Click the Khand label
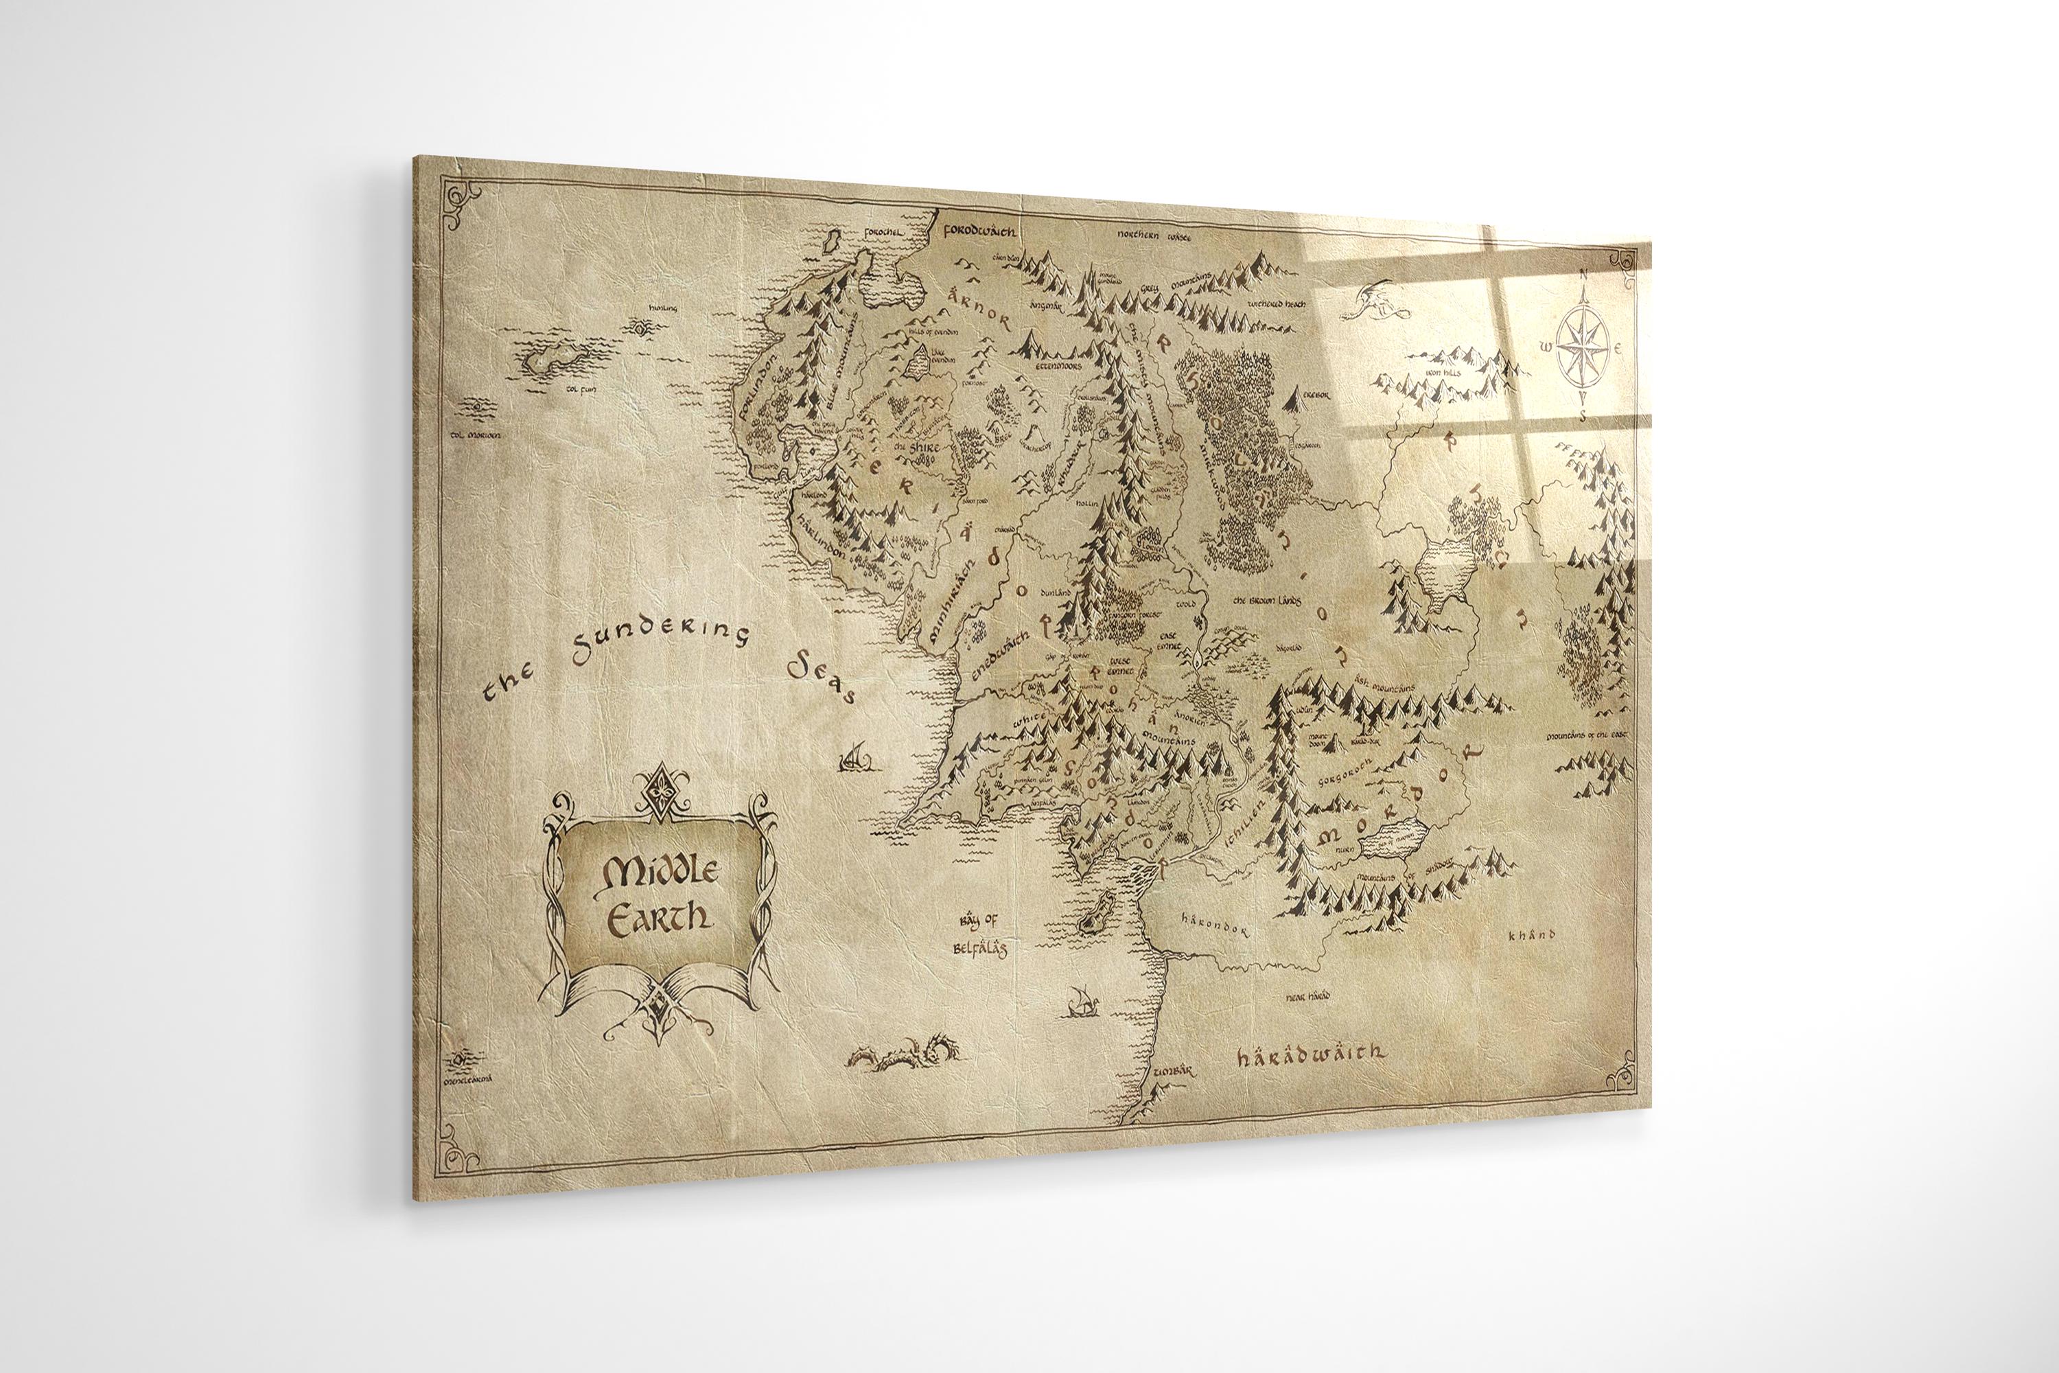[x=1532, y=935]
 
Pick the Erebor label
[x=1315, y=395]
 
